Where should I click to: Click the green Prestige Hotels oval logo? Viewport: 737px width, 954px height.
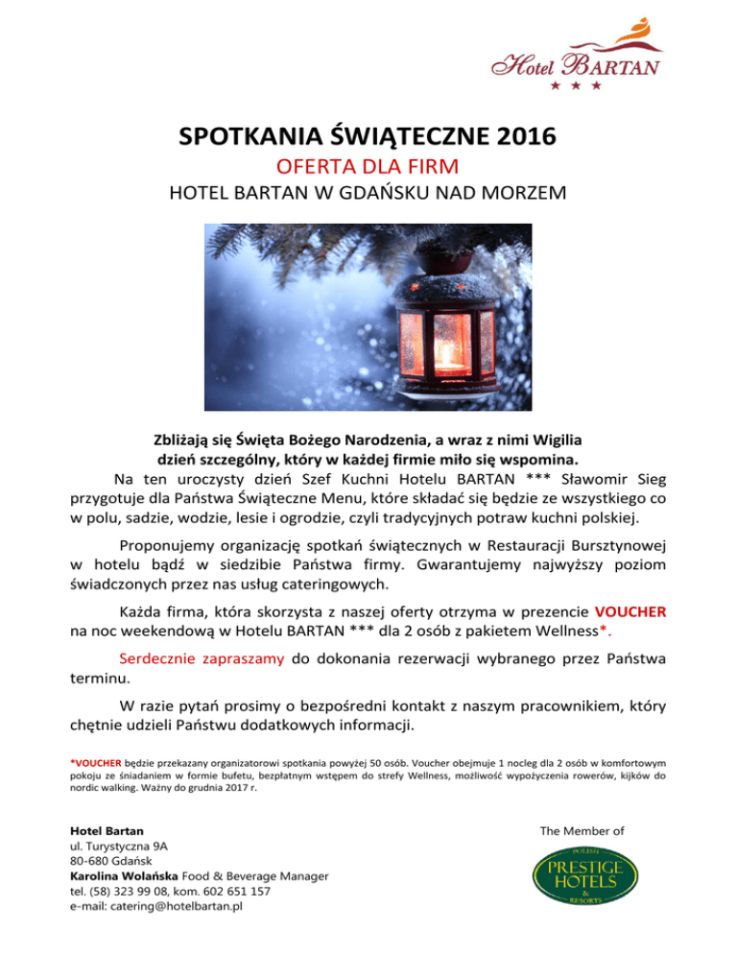pos(578,881)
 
